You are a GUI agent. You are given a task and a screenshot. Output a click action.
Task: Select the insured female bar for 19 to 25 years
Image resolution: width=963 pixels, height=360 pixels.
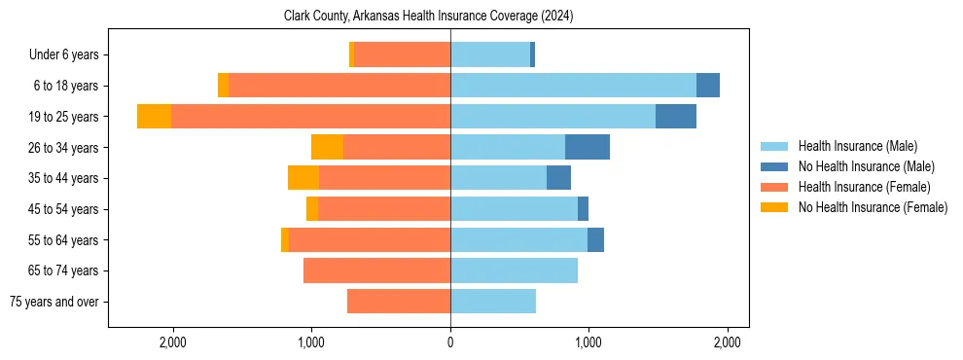point(310,117)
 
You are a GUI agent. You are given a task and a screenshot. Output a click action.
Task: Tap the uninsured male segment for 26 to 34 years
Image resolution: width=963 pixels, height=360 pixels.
point(588,147)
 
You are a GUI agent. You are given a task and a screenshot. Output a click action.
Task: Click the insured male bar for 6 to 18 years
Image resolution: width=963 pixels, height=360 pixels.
point(573,86)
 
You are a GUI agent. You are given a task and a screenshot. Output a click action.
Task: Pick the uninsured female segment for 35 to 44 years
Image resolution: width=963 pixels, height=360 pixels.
point(303,178)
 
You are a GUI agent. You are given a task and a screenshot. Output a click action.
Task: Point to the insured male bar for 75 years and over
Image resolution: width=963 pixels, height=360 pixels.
point(493,302)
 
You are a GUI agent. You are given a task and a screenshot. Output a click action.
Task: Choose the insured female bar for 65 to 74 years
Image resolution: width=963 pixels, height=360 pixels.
point(376,270)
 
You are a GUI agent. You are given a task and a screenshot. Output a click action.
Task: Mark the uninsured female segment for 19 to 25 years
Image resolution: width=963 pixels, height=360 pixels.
point(154,117)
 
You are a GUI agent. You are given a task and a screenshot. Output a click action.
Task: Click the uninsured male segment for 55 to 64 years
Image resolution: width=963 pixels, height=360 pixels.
point(595,239)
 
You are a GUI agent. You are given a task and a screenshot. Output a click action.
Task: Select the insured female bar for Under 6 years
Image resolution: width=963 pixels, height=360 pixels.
point(402,54)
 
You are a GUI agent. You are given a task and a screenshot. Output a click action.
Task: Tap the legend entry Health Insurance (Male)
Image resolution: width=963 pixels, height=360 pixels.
point(857,146)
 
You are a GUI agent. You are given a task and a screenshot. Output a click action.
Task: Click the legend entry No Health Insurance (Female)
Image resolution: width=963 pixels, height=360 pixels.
point(873,207)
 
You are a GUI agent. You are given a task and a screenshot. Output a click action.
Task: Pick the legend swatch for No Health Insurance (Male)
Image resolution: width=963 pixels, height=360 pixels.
point(774,166)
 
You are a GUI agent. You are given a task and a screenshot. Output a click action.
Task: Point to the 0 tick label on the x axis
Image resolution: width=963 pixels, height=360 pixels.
point(449,342)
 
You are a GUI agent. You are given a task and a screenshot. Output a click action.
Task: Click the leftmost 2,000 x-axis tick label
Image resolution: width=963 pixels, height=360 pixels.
point(172,342)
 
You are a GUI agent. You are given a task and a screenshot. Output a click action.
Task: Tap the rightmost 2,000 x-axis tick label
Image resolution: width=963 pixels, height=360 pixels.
point(728,342)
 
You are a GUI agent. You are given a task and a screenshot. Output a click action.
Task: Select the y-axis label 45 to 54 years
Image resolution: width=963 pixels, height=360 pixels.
point(63,209)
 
